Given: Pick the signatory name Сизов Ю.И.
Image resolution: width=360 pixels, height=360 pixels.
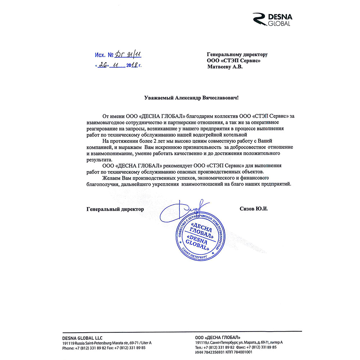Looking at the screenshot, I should pyautogui.click(x=254, y=209).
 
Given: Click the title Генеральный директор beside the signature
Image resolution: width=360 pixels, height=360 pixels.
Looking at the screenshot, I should pyautogui.click(x=115, y=209).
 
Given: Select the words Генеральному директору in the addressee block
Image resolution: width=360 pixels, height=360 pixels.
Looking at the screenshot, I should pyautogui.click(x=237, y=54).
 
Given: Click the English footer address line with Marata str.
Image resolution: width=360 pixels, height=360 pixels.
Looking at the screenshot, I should pyautogui.click(x=107, y=343).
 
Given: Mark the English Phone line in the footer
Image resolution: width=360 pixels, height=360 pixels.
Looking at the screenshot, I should pyautogui.click(x=104, y=348).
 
